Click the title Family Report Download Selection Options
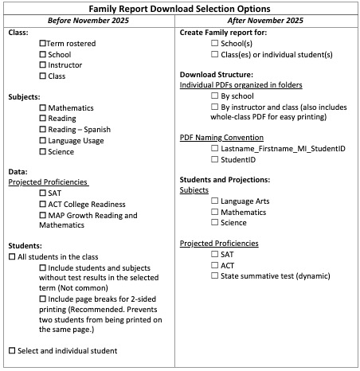[x=179, y=7]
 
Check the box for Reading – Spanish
[x=43, y=129]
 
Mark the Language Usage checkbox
[x=43, y=140]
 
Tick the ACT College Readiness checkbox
[x=43, y=204]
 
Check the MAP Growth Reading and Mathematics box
[x=43, y=215]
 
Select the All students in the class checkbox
[x=11, y=258]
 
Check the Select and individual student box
[x=11, y=351]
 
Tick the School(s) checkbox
[x=215, y=43]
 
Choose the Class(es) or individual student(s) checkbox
[x=215, y=54]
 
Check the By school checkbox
[x=215, y=96]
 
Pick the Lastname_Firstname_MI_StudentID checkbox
[x=215, y=148]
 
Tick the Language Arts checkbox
[x=215, y=201]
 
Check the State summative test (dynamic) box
[x=215, y=275]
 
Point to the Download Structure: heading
[x=219, y=74]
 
